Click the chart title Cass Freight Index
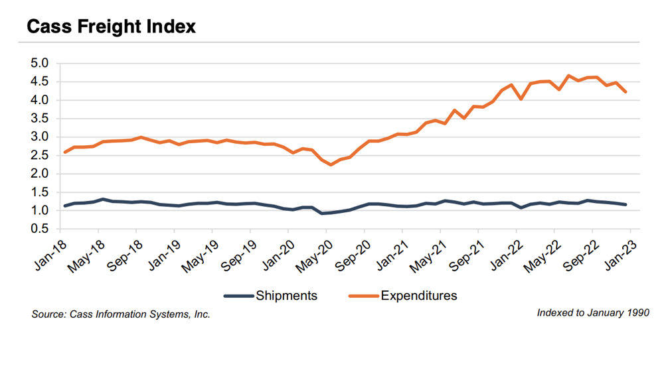111,27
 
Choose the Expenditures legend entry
418,296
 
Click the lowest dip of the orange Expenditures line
331,164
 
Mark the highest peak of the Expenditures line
568,76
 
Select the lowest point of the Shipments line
321,213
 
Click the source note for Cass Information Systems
121,314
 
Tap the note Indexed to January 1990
589,312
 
